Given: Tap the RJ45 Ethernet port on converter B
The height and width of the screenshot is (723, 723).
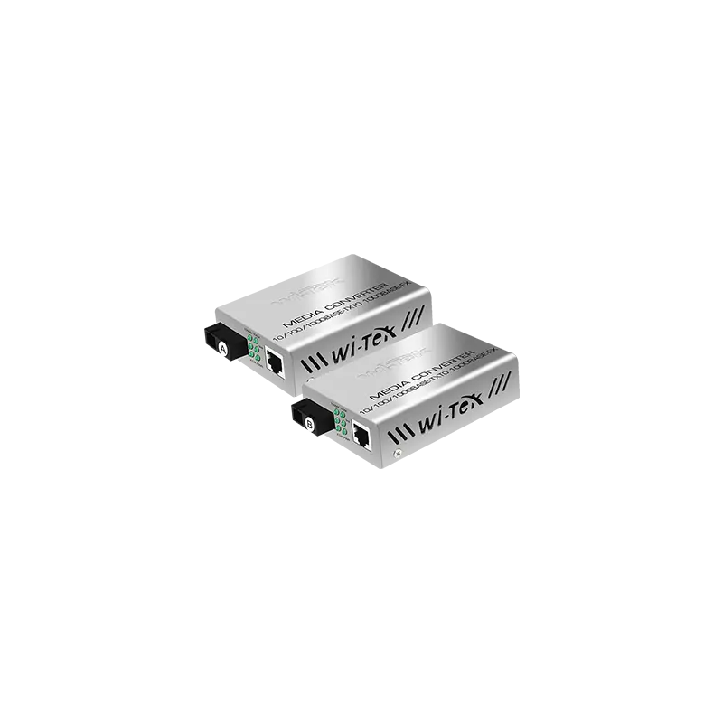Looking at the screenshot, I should pos(362,437).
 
